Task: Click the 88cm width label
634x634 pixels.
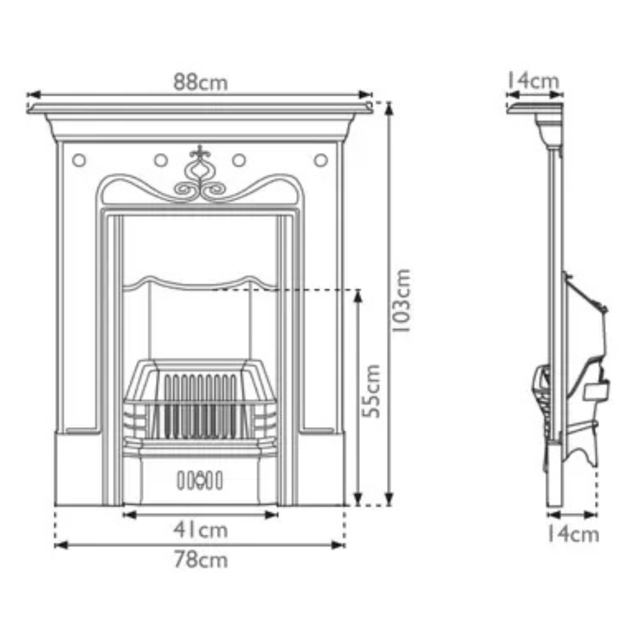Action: [x=201, y=82]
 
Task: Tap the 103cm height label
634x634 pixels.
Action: [x=402, y=300]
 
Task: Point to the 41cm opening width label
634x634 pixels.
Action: [x=201, y=530]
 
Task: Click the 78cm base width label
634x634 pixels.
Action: [x=201, y=560]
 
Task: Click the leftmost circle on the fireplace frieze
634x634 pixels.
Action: [x=79, y=160]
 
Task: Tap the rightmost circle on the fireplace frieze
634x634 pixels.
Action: [x=321, y=160]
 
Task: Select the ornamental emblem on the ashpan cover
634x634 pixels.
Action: [x=200, y=480]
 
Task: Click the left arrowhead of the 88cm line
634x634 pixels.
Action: [x=33, y=95]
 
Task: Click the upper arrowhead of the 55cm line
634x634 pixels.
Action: [x=358, y=295]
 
